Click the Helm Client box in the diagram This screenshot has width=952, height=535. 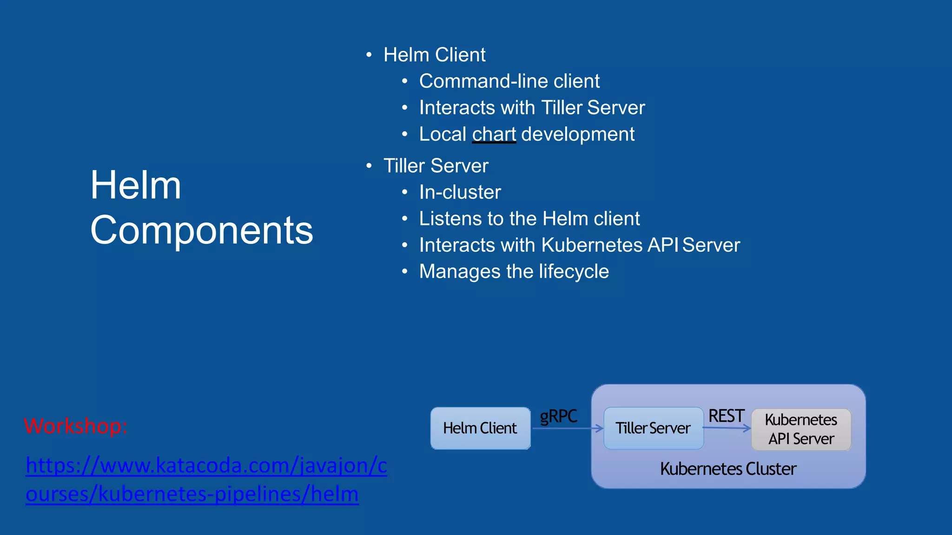(480, 428)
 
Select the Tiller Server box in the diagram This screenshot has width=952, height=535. (653, 428)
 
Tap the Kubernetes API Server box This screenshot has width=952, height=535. (801, 430)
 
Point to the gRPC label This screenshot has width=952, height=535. (558, 416)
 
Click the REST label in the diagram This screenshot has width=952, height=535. (726, 416)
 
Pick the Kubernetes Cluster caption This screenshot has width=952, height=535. (728, 469)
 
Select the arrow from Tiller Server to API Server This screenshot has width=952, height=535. (727, 428)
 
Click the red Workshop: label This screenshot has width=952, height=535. (76, 426)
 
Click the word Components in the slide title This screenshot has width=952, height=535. (202, 230)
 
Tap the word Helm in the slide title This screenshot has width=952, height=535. (136, 185)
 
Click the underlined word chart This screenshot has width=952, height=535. (494, 135)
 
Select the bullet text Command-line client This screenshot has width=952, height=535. (509, 81)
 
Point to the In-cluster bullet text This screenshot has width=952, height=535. (460, 192)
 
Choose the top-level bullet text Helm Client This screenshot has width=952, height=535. (434, 55)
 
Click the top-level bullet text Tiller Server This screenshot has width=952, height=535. (436, 166)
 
